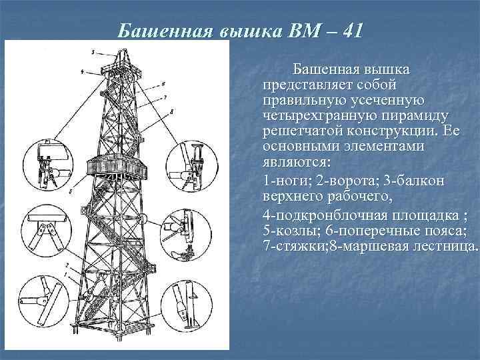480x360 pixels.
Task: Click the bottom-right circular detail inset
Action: coord(188,301)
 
